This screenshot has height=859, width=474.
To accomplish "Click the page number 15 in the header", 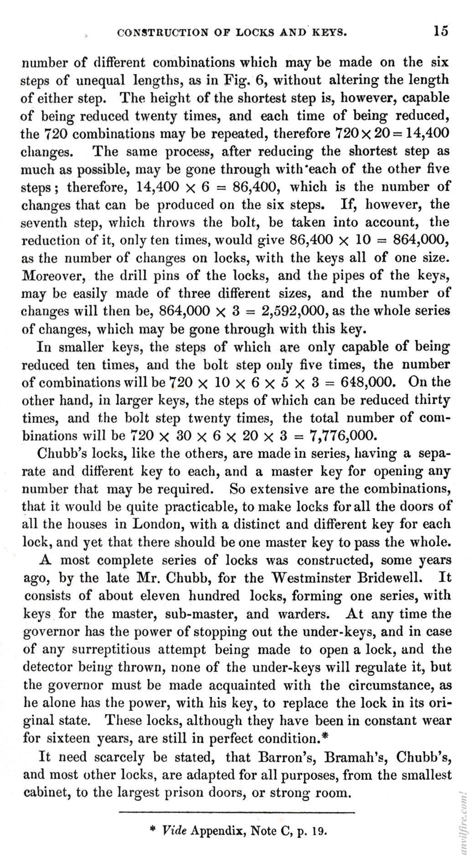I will [441, 31].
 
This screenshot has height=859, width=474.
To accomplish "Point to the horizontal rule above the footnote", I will [237, 812].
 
